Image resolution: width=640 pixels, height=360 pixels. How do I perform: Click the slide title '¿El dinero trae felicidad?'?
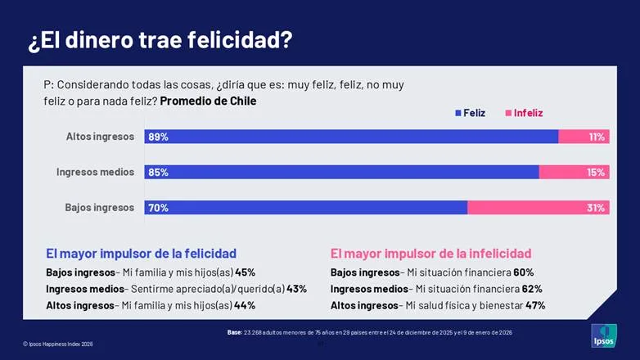160,40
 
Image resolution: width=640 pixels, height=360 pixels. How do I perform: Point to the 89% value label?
158,137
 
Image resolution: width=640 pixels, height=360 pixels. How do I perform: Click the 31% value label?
596,208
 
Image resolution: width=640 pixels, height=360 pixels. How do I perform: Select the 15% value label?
596,172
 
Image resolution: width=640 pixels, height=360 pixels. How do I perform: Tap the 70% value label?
158,208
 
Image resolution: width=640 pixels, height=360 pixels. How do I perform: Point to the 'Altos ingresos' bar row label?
100,137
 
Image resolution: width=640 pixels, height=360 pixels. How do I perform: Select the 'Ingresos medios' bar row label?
95,172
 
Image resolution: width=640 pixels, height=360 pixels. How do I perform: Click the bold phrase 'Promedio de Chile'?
208,101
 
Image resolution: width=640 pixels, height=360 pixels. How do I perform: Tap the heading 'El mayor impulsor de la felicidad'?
141,254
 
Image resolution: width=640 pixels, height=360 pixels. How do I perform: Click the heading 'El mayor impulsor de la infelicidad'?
430,254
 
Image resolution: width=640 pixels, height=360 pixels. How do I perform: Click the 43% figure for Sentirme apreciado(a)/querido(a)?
296,289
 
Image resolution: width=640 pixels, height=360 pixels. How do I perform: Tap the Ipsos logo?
604,335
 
